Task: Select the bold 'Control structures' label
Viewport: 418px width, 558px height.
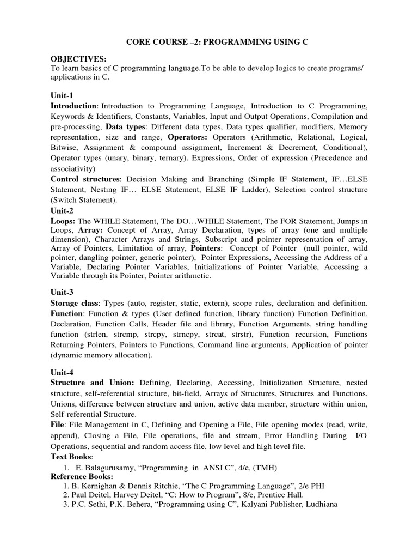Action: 85,179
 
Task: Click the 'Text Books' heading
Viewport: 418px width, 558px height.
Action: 71,456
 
